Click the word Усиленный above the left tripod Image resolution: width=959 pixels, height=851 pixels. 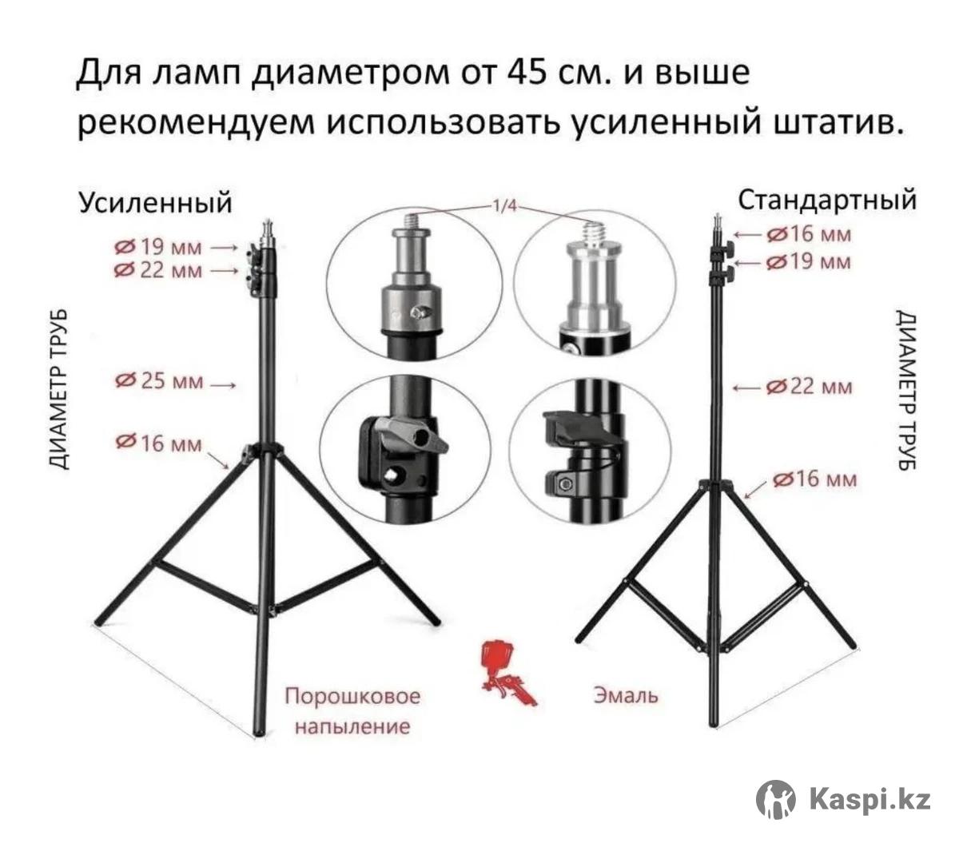[x=155, y=204]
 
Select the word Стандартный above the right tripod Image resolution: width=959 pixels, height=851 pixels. [x=827, y=201]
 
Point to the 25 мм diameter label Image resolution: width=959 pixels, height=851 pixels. [x=159, y=381]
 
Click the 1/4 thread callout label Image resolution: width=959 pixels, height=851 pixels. [x=505, y=206]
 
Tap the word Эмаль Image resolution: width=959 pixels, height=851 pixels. [x=626, y=695]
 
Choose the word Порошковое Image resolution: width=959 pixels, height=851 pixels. [x=352, y=696]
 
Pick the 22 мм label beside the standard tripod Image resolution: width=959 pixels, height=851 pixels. [x=809, y=387]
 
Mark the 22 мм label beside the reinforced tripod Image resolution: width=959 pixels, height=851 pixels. [x=158, y=270]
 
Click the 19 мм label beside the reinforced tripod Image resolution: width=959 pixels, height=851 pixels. [x=158, y=247]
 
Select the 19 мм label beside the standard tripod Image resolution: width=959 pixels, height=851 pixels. [x=809, y=262]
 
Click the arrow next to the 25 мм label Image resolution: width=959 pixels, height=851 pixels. [x=222, y=385]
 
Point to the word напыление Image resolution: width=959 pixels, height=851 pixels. [x=352, y=726]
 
